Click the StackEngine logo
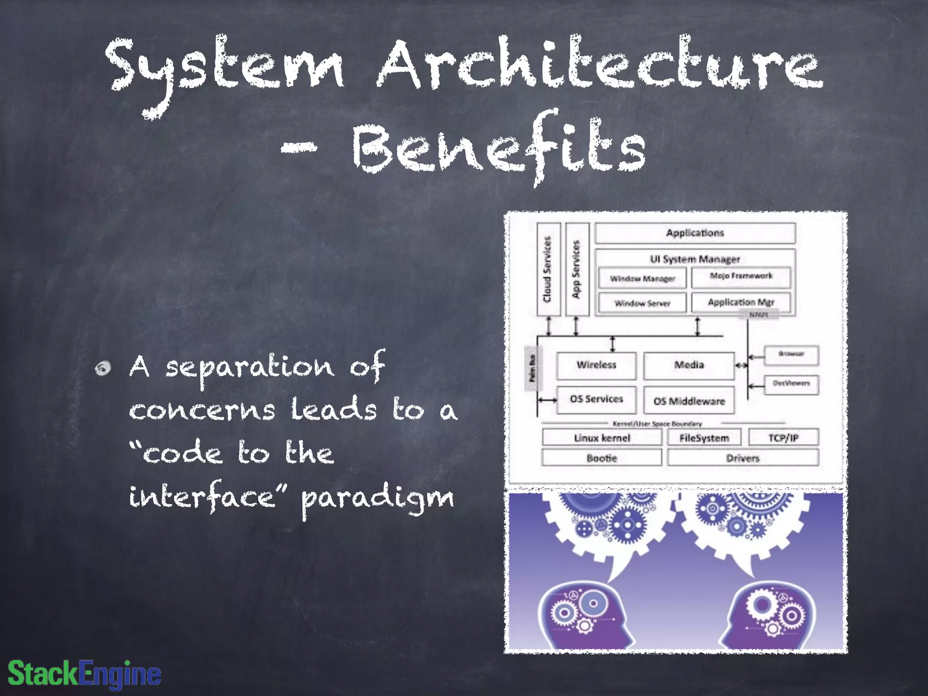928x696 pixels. pyautogui.click(x=85, y=674)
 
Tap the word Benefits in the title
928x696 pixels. pyautogui.click(x=498, y=147)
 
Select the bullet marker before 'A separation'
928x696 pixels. pyautogui.click(x=103, y=368)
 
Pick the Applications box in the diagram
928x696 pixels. pyautogui.click(x=695, y=233)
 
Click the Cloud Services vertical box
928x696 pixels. pyautogui.click(x=548, y=269)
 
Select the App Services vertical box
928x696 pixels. pyautogui.click(x=577, y=269)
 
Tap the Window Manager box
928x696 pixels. pyautogui.click(x=642, y=278)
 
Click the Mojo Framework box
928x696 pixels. pyautogui.click(x=741, y=276)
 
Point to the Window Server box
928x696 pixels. pyautogui.click(x=642, y=303)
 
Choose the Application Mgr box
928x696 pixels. pyautogui.click(x=741, y=302)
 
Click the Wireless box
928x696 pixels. pyautogui.click(x=596, y=365)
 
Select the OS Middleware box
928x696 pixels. pyautogui.click(x=689, y=401)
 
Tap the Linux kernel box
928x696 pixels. pyautogui.click(x=602, y=438)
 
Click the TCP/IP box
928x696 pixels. pyautogui.click(x=783, y=438)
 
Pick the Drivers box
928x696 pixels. pyautogui.click(x=743, y=458)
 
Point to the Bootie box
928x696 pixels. pyautogui.click(x=602, y=458)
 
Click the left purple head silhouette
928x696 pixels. pyautogui.click(x=585, y=616)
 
